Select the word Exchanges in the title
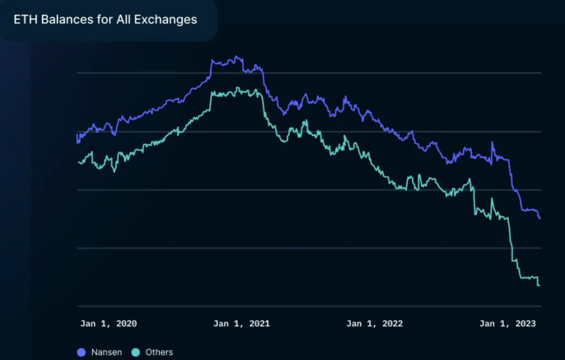pyautogui.click(x=166, y=19)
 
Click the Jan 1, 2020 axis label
pyautogui.click(x=109, y=324)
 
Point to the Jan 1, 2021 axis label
pyautogui.click(x=242, y=324)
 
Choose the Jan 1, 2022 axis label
pyautogui.click(x=375, y=324)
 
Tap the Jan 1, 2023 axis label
pyautogui.click(x=508, y=324)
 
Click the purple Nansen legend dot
pyautogui.click(x=82, y=352)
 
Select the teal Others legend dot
pyautogui.click(x=136, y=352)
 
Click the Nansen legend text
pyautogui.click(x=106, y=352)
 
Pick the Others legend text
pyautogui.click(x=159, y=352)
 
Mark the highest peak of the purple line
pyautogui.click(x=236, y=56)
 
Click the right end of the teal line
pyautogui.click(x=540, y=285)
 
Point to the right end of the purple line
pyautogui.click(x=540, y=218)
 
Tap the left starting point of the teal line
pyautogui.click(x=78, y=162)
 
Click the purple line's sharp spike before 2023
pyautogui.click(x=492, y=142)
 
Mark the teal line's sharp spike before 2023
pyautogui.click(x=492, y=198)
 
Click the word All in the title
pyautogui.click(x=123, y=19)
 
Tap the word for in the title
pyautogui.click(x=105, y=19)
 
